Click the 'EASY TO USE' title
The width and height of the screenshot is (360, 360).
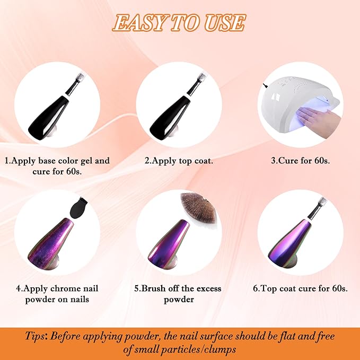point(179,22)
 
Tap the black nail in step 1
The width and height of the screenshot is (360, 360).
point(48,117)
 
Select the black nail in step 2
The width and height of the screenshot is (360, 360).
point(170,117)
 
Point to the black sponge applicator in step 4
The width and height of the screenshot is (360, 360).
point(78,207)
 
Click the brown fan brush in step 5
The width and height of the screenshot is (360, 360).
point(199,208)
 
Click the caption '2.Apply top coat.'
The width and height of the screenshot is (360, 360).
point(179,161)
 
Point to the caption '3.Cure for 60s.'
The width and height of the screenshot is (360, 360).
point(300,161)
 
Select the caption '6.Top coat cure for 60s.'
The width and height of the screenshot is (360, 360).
point(300,288)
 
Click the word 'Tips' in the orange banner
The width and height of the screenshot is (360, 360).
point(35,336)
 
